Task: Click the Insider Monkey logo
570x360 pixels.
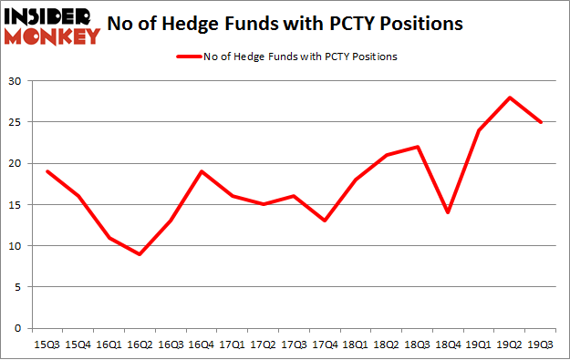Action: (51, 26)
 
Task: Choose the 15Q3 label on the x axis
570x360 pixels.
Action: (47, 344)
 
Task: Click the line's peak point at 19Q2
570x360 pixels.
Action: (511, 98)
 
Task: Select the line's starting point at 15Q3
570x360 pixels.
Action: (48, 171)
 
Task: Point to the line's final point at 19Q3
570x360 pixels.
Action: (540, 122)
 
